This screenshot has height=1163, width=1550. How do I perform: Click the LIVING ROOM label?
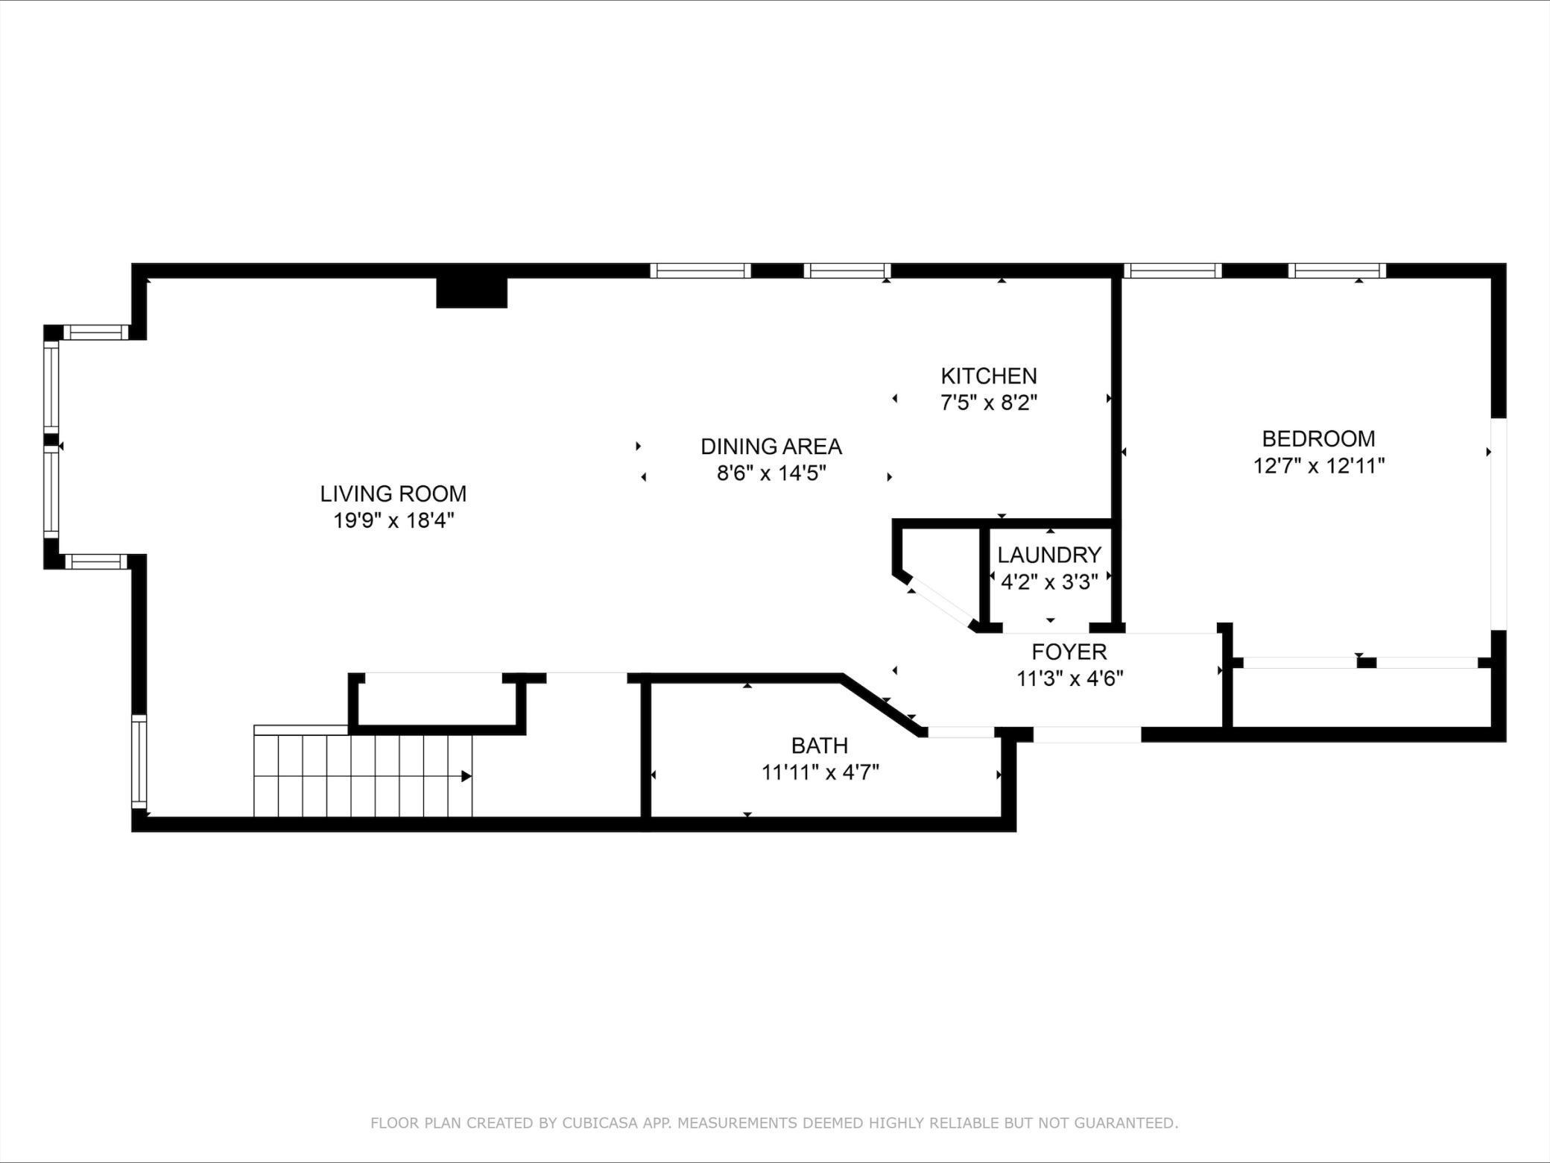coord(393,494)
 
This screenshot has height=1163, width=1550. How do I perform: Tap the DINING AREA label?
coord(771,447)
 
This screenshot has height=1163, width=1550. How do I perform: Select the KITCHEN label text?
coord(989,376)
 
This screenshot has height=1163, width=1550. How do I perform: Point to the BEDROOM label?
coord(1318,438)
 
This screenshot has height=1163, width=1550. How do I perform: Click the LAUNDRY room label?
coord(1049,555)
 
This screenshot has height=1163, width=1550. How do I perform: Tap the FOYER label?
coord(1069,652)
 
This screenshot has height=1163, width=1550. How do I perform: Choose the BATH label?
coord(820,746)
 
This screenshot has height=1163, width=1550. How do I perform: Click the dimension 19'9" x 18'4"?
coord(393,520)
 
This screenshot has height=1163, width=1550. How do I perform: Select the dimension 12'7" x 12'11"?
coord(1318,466)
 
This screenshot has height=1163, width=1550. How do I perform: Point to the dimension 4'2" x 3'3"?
coord(1049,582)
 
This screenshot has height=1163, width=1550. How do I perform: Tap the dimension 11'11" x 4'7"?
coord(820,772)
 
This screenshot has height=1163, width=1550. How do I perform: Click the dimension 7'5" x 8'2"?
coord(989,403)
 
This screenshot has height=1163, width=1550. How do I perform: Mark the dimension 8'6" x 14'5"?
coord(771,473)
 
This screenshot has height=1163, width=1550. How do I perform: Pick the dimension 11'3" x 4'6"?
coord(1069,679)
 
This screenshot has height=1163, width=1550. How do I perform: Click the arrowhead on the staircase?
coord(466,776)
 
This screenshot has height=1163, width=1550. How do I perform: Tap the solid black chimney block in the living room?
coord(472,292)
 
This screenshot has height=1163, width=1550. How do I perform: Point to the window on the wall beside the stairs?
coord(139,761)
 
